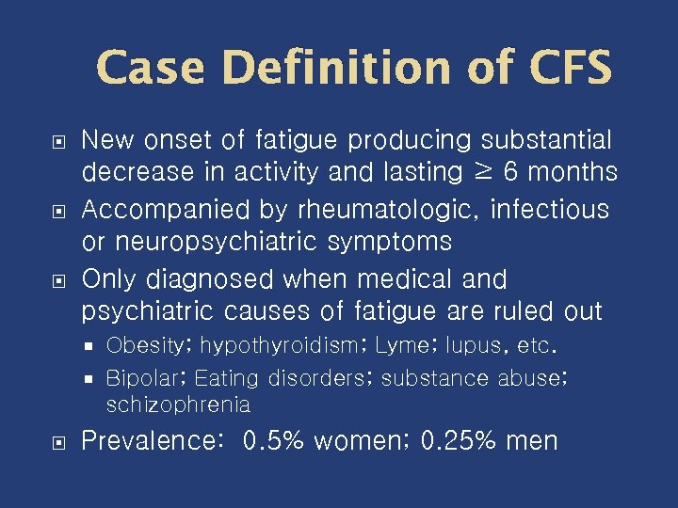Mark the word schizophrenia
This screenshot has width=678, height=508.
178,405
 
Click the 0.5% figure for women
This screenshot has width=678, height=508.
274,440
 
